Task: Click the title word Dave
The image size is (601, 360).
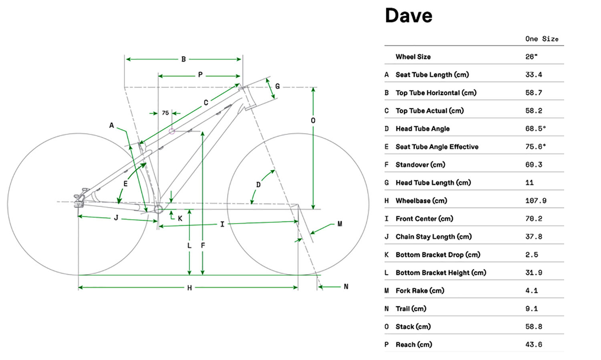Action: (408, 16)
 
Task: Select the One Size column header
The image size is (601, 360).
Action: (541, 39)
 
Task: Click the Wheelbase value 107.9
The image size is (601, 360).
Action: (536, 201)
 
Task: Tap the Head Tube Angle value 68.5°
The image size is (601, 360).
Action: (535, 129)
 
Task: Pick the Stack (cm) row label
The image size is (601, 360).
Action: (413, 327)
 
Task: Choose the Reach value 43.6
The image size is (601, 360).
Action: (534, 344)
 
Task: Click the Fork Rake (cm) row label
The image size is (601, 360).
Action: (419, 291)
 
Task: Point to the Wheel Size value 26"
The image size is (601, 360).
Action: (531, 57)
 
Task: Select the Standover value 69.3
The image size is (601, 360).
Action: (534, 165)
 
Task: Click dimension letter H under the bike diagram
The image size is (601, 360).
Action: (190, 288)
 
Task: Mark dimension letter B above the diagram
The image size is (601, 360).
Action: (184, 59)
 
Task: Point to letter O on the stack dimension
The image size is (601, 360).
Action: (313, 121)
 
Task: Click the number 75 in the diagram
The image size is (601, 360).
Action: (165, 113)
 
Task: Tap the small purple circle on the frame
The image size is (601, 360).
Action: (172, 131)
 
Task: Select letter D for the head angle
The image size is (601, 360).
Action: (258, 185)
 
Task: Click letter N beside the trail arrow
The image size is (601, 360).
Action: (346, 287)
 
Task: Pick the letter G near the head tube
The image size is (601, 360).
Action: (277, 86)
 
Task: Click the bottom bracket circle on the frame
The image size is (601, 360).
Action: (158, 209)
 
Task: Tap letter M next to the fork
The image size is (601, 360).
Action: (340, 224)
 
